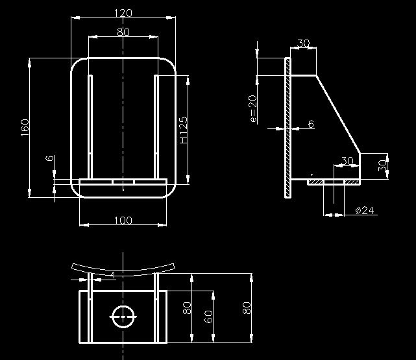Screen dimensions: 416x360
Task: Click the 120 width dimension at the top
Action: click(123, 13)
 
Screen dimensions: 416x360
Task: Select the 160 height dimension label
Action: click(25, 128)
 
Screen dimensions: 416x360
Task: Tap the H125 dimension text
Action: click(183, 130)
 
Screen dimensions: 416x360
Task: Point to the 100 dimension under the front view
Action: click(123, 221)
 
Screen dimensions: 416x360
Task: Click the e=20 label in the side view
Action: click(253, 109)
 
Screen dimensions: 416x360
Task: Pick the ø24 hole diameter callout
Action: click(365, 210)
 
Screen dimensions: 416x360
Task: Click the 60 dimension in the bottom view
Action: click(208, 317)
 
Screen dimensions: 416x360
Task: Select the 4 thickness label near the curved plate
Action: click(113, 275)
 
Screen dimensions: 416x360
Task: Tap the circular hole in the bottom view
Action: click(123, 306)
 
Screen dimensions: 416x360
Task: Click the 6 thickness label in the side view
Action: click(311, 123)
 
